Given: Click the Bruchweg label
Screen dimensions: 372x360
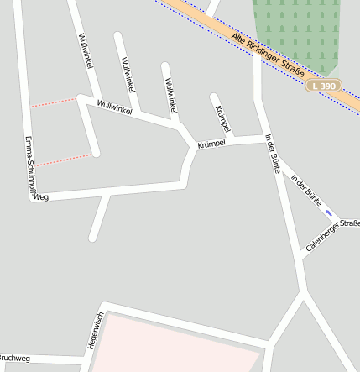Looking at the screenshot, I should (x=14, y=359).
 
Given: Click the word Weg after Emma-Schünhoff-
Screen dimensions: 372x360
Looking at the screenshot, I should (x=42, y=197).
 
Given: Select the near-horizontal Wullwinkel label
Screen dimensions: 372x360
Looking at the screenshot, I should (x=115, y=107).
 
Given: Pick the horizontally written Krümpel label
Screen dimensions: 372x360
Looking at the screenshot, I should (x=211, y=144).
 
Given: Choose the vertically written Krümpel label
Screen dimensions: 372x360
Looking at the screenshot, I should (x=222, y=118).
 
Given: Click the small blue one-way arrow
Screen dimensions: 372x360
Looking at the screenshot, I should (x=329, y=212).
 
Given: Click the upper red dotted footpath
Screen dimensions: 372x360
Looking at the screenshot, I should (x=53, y=102).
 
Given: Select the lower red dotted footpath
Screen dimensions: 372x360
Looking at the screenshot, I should (x=62, y=160).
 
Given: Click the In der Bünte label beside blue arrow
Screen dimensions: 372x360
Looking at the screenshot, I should (x=306, y=190).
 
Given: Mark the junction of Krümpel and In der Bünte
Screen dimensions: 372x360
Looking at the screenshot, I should (x=265, y=138).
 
